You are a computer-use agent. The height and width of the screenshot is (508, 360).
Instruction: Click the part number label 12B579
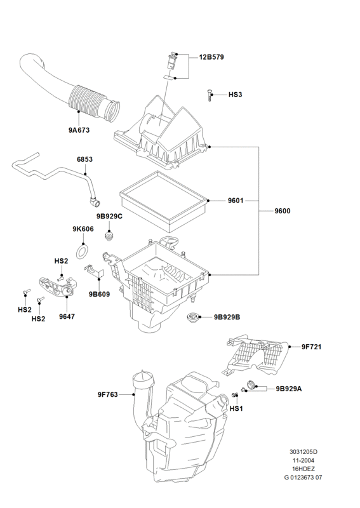click(211, 57)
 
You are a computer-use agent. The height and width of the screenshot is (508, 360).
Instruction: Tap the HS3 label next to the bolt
click(236, 95)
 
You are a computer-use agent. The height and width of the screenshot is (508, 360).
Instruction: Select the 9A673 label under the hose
click(79, 130)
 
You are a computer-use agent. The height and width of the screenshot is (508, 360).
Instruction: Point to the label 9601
click(236, 201)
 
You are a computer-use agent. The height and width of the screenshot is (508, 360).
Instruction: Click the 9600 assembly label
click(283, 211)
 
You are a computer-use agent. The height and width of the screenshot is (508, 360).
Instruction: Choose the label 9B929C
click(109, 217)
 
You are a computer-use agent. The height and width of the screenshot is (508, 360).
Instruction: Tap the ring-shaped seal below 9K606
click(83, 251)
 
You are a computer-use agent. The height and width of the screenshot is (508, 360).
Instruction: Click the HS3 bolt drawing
click(210, 96)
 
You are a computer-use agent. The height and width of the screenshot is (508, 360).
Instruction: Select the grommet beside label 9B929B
click(193, 316)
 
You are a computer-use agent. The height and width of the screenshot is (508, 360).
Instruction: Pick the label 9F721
click(311, 347)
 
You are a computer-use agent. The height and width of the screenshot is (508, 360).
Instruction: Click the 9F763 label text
click(107, 394)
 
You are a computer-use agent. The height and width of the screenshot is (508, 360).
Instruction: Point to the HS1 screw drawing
click(235, 396)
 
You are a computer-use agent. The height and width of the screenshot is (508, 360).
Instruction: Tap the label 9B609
click(100, 295)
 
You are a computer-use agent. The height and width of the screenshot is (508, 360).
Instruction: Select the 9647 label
click(67, 316)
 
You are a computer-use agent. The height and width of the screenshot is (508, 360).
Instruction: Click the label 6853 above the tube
click(84, 159)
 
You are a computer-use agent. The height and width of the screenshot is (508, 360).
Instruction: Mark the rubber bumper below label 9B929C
click(110, 236)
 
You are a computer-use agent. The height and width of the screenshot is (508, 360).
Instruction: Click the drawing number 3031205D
click(303, 452)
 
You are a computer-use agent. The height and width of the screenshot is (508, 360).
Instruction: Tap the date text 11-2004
click(303, 460)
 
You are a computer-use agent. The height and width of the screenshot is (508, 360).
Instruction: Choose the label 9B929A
click(289, 389)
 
